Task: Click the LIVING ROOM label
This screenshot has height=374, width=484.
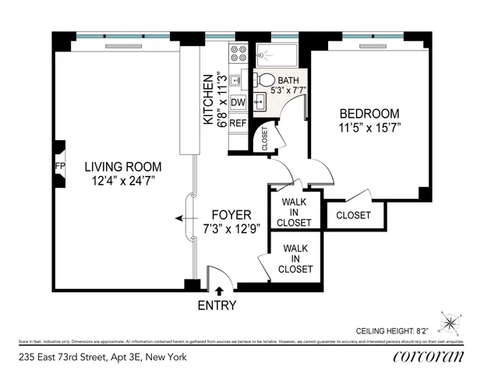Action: (x=123, y=166)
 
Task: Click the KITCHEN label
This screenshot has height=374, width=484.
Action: (x=208, y=100)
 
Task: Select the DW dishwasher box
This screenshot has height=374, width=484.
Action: (x=238, y=102)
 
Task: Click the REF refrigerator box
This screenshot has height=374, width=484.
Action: (x=238, y=123)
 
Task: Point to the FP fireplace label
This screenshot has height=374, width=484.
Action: (x=59, y=166)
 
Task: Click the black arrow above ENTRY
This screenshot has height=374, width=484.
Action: (x=217, y=291)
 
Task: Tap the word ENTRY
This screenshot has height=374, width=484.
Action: (x=217, y=305)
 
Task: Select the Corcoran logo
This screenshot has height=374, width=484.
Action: (x=429, y=357)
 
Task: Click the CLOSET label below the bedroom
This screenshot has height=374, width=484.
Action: (x=353, y=215)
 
